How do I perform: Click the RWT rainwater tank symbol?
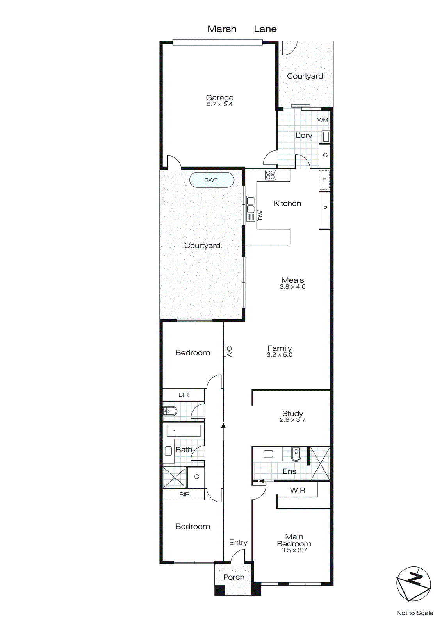(x=212, y=180)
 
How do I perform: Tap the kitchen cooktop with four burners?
(x=271, y=175)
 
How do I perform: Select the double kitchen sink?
(x=251, y=205)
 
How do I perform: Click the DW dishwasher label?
(x=260, y=215)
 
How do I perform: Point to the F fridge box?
(x=324, y=180)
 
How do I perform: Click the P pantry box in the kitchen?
(x=325, y=208)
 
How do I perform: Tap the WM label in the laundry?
(x=323, y=120)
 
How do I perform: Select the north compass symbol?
(x=413, y=584)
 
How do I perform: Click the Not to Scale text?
(x=415, y=613)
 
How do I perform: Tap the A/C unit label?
(x=229, y=351)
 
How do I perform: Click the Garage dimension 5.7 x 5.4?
(x=220, y=104)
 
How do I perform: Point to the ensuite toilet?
(x=296, y=454)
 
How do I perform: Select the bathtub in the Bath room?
(x=184, y=431)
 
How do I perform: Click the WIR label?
(x=298, y=490)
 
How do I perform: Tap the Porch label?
(x=234, y=577)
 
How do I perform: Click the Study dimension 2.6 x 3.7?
(x=292, y=420)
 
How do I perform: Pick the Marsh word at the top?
(x=222, y=29)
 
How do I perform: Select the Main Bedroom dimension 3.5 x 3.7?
(x=294, y=550)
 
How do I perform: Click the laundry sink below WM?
(x=326, y=137)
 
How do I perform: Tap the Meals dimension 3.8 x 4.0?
(x=292, y=287)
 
